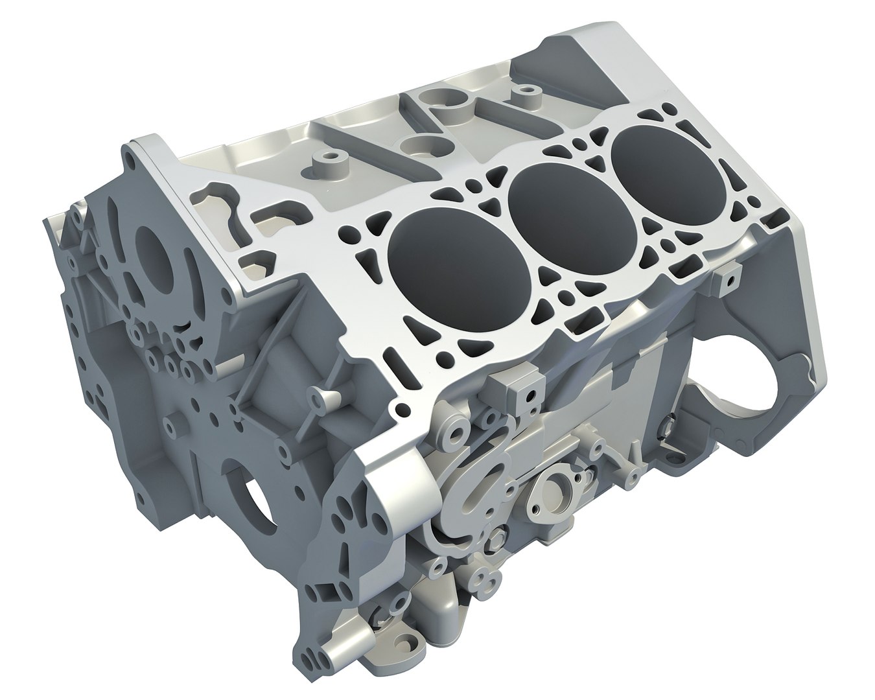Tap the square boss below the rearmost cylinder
(x=729, y=279)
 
